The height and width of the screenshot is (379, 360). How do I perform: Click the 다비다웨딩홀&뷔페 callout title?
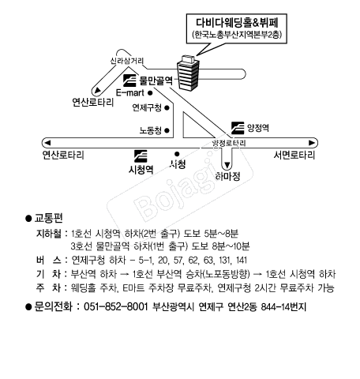[x=237, y=23]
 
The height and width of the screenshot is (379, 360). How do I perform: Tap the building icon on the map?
[x=188, y=73]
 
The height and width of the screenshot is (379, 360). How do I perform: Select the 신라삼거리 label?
[x=127, y=61]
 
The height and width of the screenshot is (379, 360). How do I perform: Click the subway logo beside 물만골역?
[x=129, y=81]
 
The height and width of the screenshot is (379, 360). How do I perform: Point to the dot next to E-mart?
[x=150, y=93]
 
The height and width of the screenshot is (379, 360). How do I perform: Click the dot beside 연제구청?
[x=167, y=107]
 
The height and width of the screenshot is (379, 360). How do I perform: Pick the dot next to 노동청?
[x=167, y=130]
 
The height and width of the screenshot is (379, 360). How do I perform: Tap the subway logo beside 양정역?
[x=238, y=128]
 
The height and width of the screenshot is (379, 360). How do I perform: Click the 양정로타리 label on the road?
[x=229, y=144]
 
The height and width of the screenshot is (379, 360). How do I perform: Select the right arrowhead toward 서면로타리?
[x=312, y=143]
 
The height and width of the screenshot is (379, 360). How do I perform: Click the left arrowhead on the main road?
[x=47, y=143]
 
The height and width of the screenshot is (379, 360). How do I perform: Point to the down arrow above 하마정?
[x=227, y=165]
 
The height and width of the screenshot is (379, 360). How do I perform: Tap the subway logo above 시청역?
[x=141, y=156]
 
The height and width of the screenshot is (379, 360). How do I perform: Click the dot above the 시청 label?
[x=177, y=154]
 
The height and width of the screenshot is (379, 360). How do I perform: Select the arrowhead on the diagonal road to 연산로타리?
[x=98, y=90]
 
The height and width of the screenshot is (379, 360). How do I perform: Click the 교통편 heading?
[x=49, y=218]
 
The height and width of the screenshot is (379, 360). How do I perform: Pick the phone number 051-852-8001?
[x=116, y=307]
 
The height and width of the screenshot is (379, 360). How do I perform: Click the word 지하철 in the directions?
[x=49, y=234]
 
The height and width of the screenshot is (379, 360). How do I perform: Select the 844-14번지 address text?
[x=283, y=307]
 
